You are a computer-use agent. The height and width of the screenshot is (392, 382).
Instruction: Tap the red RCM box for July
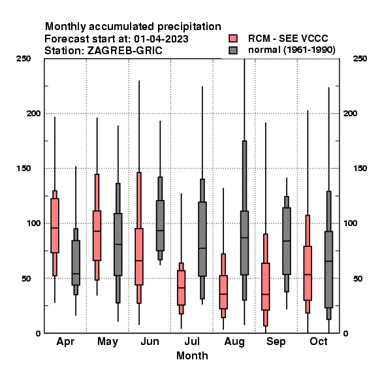pyautogui.click(x=181, y=287)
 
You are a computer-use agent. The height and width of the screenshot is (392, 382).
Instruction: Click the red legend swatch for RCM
pyautogui.click(x=233, y=39)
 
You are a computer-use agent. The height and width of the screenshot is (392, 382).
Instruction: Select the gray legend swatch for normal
pyautogui.click(x=233, y=50)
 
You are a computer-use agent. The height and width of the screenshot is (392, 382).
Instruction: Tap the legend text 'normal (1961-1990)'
pyautogui.click(x=292, y=50)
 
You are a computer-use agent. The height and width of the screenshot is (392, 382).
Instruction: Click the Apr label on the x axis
pyautogui.click(x=65, y=342)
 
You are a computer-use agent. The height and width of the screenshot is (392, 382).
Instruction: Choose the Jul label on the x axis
pyautogui.click(x=192, y=341)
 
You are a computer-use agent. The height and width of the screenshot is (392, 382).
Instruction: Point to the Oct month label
pyautogui.click(x=319, y=341)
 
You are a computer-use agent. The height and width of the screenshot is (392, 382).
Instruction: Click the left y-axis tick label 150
pyautogui.click(x=24, y=169)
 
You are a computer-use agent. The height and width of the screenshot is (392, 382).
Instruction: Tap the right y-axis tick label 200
pyautogui.click(x=350, y=113)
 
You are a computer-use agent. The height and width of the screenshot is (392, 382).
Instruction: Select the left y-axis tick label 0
pyautogui.click(x=38, y=333)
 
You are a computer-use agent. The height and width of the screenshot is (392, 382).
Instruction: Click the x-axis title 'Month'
pyautogui.click(x=192, y=356)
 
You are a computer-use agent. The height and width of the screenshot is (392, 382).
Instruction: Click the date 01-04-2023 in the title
pyautogui.click(x=161, y=39)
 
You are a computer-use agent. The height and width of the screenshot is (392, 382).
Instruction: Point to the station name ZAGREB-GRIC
pyautogui.click(x=125, y=51)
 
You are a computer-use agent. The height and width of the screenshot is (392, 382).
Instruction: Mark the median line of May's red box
pyautogui.click(x=97, y=231)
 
